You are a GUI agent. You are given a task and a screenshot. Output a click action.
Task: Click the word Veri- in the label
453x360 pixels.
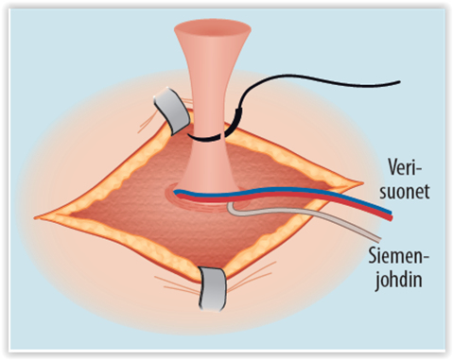(405, 167)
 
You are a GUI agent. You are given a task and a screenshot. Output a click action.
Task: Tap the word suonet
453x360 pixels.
(405, 191)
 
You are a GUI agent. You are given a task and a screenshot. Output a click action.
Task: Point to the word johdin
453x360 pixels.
(398, 280)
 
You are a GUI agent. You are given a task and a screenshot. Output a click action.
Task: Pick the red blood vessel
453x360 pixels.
(284, 196)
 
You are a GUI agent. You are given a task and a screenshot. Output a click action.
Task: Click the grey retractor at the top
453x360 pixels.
(171, 110)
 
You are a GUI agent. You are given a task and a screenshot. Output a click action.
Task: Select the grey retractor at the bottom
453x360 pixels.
(213, 288)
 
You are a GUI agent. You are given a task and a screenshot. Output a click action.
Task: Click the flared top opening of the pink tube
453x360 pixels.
(213, 29)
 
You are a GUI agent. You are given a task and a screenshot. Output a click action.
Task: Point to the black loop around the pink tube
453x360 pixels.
(206, 138)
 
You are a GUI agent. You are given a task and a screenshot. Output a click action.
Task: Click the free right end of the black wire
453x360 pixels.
(399, 82)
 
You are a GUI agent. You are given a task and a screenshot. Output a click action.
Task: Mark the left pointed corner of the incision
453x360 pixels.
(35, 217)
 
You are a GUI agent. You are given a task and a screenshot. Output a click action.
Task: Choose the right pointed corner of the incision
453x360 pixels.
(362, 182)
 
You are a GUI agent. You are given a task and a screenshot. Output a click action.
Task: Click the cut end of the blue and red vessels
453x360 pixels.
(391, 215)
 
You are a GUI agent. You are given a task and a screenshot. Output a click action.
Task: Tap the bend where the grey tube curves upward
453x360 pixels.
(231, 210)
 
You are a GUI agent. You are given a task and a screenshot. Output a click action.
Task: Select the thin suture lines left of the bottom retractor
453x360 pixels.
(177, 283)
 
